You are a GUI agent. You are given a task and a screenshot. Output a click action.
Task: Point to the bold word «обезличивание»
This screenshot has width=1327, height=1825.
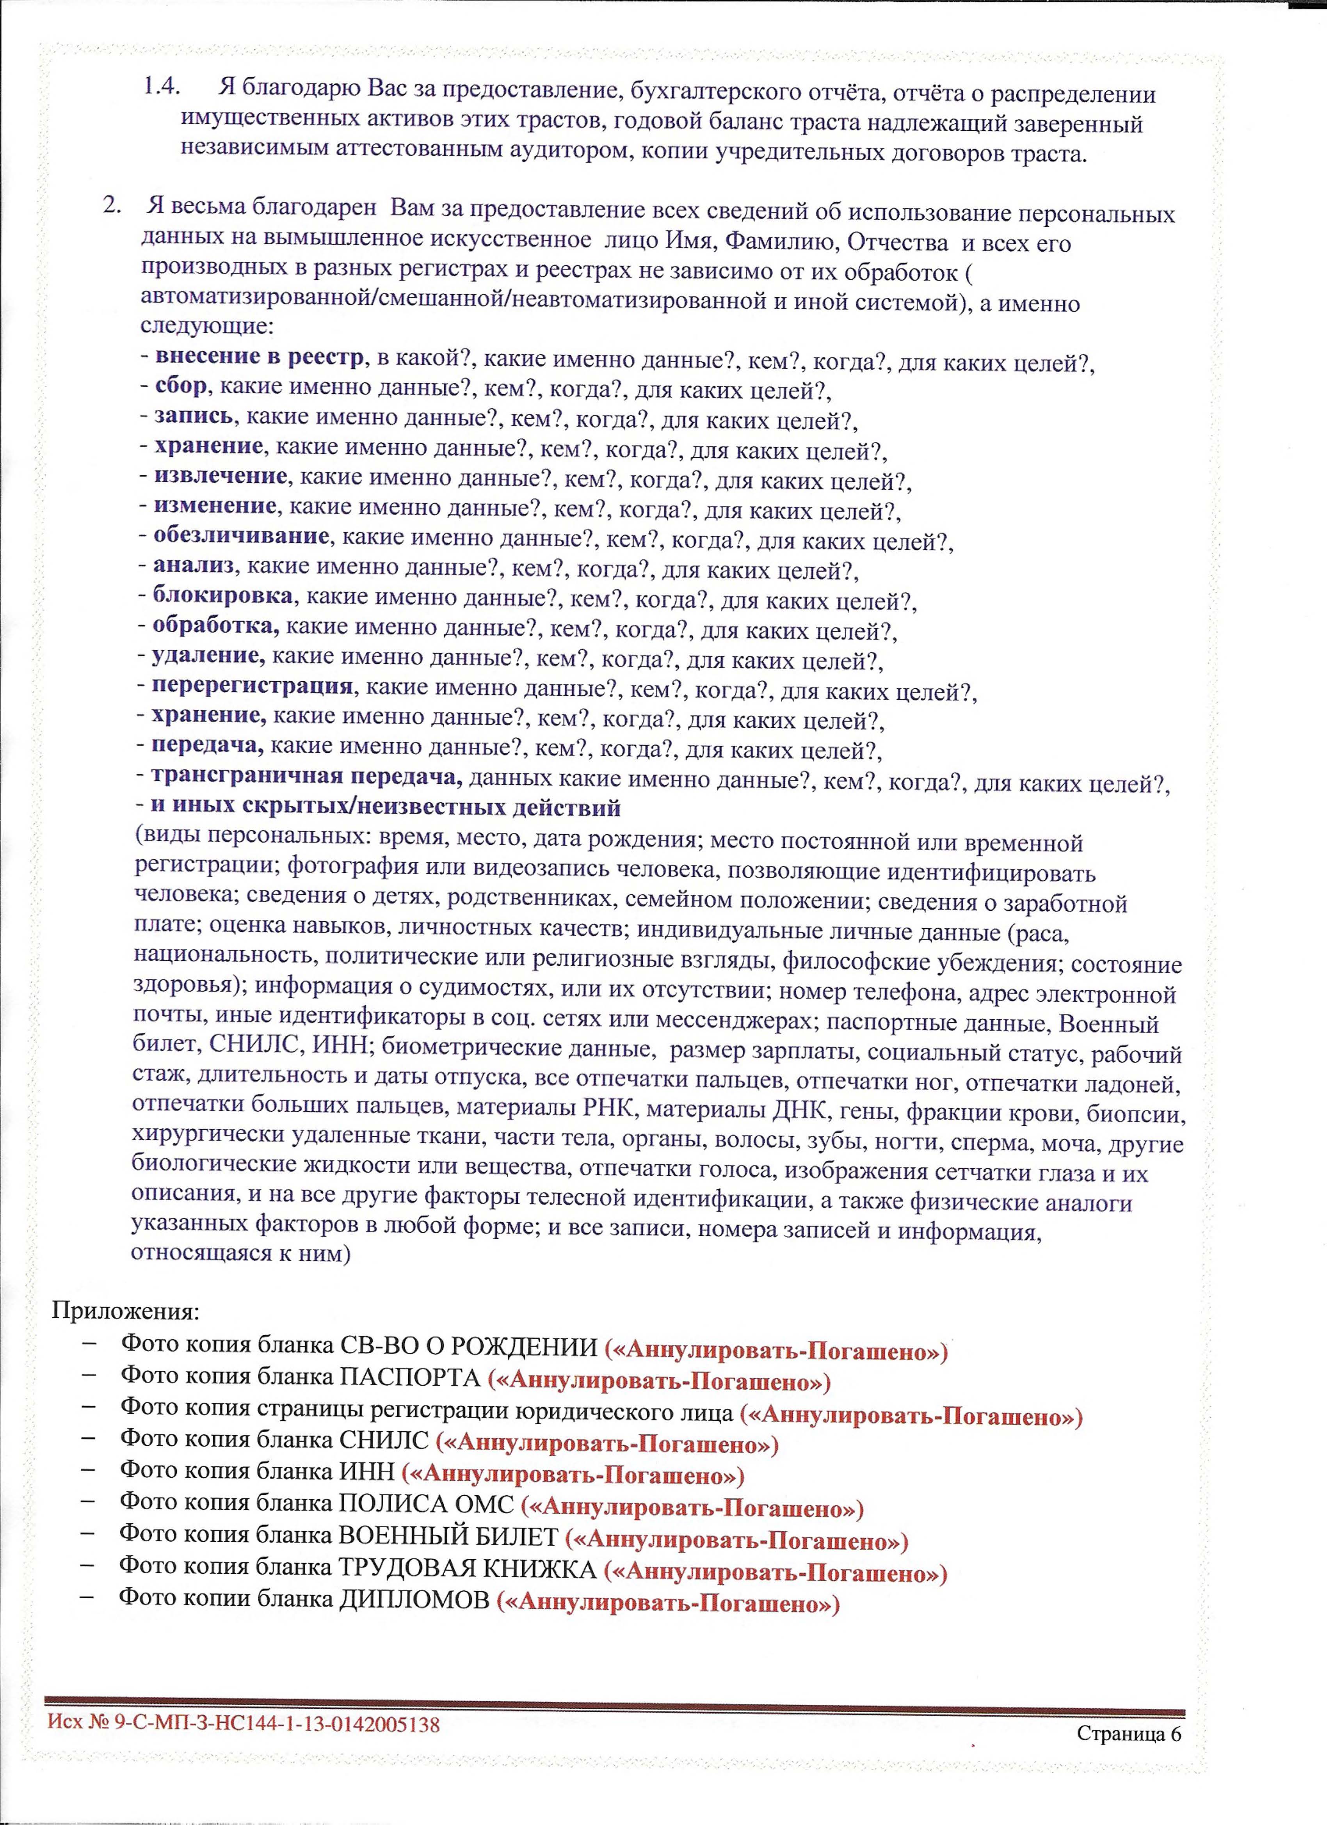coord(242,536)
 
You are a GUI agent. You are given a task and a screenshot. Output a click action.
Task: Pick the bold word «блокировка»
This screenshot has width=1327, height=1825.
coord(223,596)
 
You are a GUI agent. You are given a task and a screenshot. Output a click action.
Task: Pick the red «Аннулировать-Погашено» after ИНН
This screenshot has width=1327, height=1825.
coord(573,1475)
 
